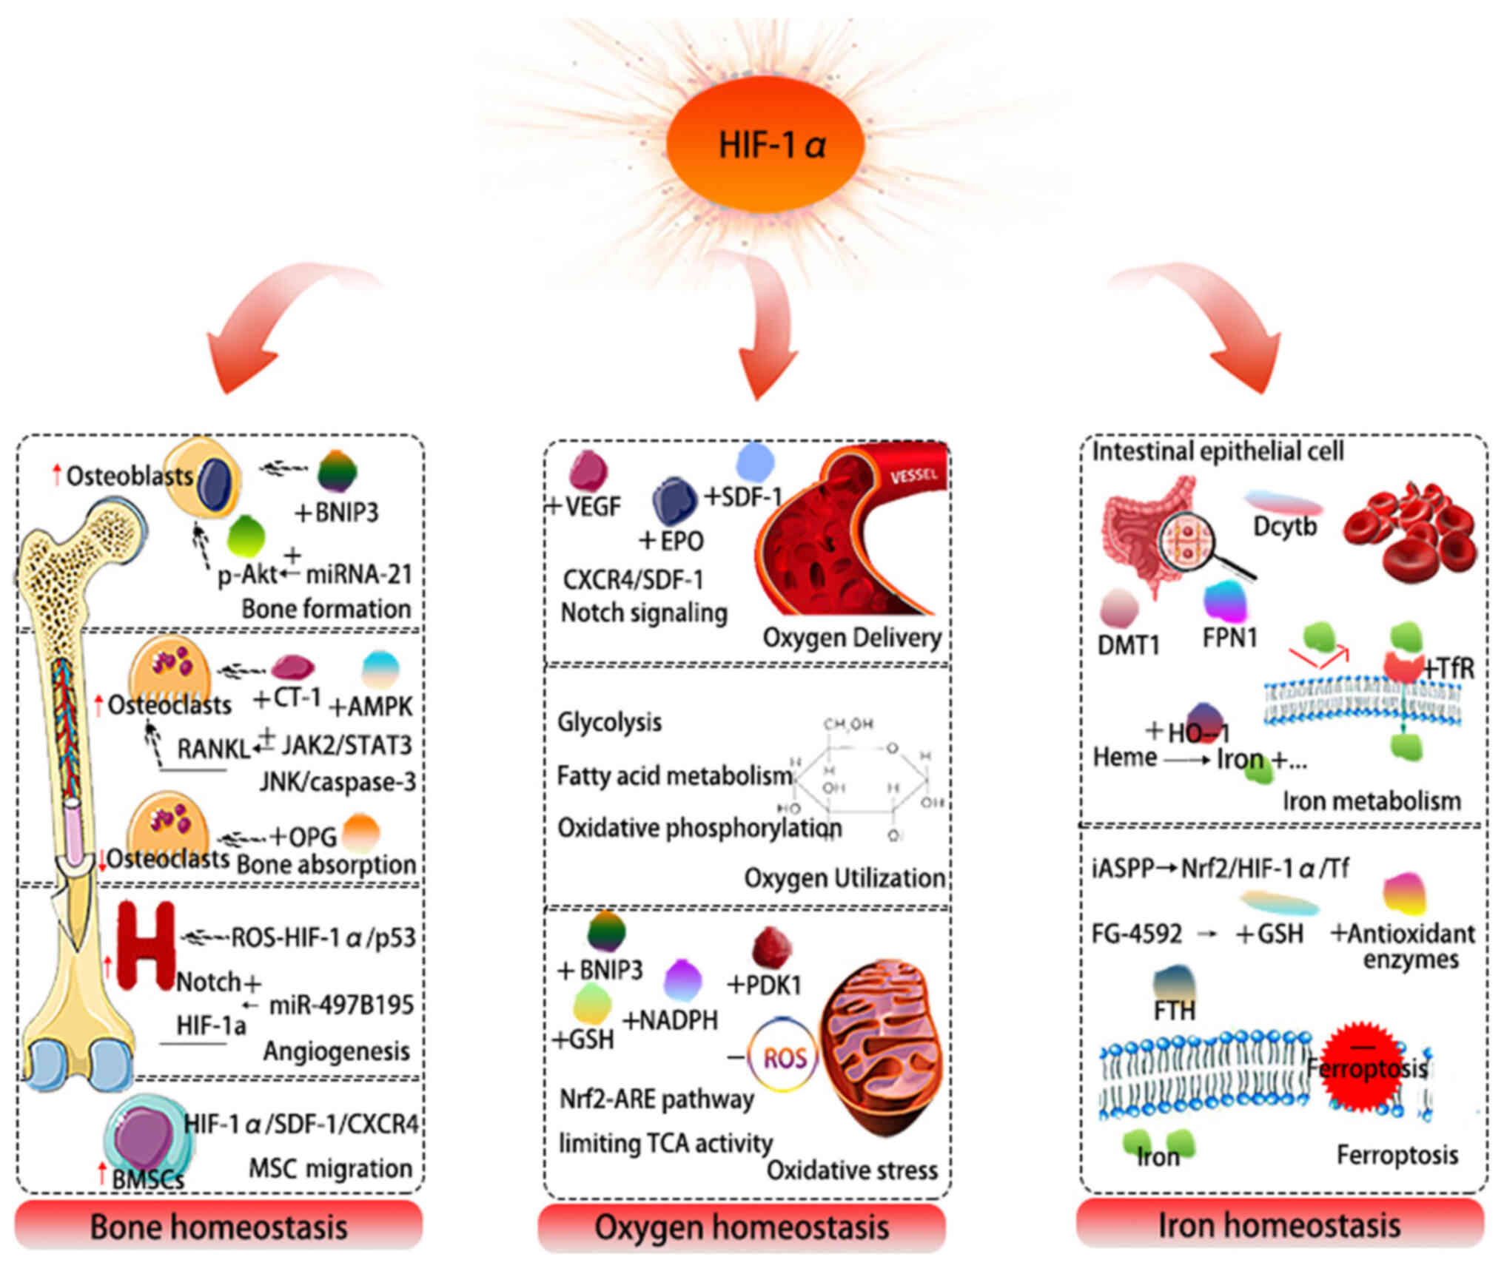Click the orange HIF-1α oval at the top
click(765, 144)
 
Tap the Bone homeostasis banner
click(218, 1226)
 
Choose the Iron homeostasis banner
click(1280, 1224)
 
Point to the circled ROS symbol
click(784, 1058)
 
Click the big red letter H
click(146, 946)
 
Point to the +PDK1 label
click(765, 985)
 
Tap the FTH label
click(1175, 1010)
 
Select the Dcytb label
click(1285, 527)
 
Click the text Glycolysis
click(609, 721)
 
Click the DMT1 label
click(1128, 645)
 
